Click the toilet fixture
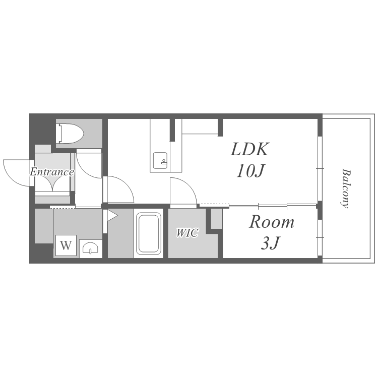[x=70, y=134]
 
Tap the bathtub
[x=149, y=233]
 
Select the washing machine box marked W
[x=66, y=245]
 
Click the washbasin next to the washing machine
[x=90, y=248]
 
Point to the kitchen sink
[x=160, y=161]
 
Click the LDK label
[x=249, y=150]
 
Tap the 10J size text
[x=250, y=171]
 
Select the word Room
[x=272, y=222]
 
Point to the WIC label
[x=187, y=233]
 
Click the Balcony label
[x=346, y=188]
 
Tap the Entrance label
[x=52, y=172]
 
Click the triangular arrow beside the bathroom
[x=111, y=216]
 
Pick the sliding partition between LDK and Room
[x=272, y=206]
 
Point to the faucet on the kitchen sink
[x=164, y=162]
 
